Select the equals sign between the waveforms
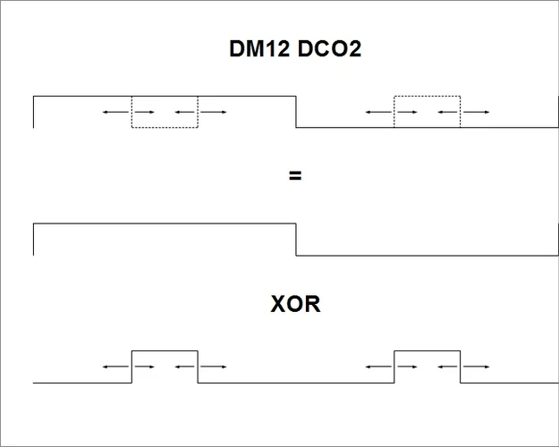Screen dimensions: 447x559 (295, 176)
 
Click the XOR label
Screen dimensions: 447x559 (295, 305)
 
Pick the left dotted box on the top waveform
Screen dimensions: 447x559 (165, 111)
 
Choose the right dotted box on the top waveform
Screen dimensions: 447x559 (428, 111)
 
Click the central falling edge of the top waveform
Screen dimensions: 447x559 (296, 111)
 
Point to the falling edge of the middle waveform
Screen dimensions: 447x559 (296, 239)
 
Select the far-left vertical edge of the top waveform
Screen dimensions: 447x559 (34, 111)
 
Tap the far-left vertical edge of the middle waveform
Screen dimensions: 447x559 (34, 239)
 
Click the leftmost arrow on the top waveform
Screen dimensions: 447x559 (113, 112)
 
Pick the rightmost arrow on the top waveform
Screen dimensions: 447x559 (477, 112)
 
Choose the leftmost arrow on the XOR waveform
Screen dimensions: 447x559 (113, 366)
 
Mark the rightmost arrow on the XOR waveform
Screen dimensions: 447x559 (477, 366)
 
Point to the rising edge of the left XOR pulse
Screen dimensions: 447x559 (132, 367)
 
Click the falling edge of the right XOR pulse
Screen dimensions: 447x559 (461, 367)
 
